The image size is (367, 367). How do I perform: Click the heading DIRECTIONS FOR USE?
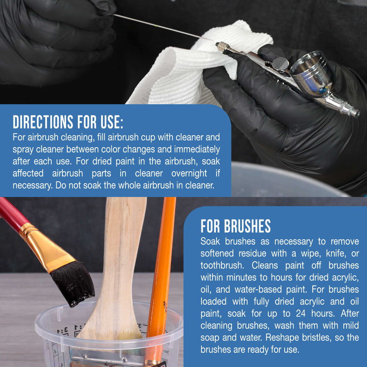tap(68, 122)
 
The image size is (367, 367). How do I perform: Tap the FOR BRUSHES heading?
tap(235, 226)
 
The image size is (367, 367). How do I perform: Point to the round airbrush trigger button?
tap(281, 64)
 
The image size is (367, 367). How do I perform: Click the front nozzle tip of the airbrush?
tap(357, 114)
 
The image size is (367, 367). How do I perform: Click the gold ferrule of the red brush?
tap(47, 248)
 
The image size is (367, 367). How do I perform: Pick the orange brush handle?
tap(161, 269)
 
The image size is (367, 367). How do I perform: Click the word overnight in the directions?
tap(189, 173)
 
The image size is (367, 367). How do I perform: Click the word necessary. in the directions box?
tap(33, 186)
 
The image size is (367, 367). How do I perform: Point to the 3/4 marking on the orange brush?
tap(166, 307)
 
